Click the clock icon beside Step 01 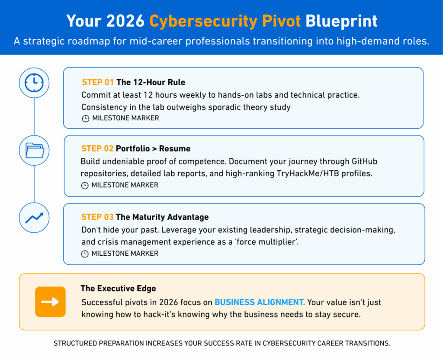click(34, 83)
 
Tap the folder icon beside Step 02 click(34, 150)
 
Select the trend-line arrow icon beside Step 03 click(34, 218)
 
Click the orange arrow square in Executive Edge click(50, 302)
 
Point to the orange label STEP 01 click(98, 82)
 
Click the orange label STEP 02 click(97, 149)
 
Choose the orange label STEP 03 click(97, 217)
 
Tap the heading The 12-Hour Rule click(151, 82)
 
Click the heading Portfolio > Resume click(153, 149)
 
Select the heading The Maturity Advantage click(162, 217)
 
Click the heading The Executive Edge click(119, 289)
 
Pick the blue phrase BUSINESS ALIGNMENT click(260, 302)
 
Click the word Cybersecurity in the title click(204, 22)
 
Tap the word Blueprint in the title click(341, 22)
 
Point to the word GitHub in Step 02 click(364, 161)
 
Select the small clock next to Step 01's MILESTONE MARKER click(85, 119)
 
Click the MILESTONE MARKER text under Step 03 click(125, 254)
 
